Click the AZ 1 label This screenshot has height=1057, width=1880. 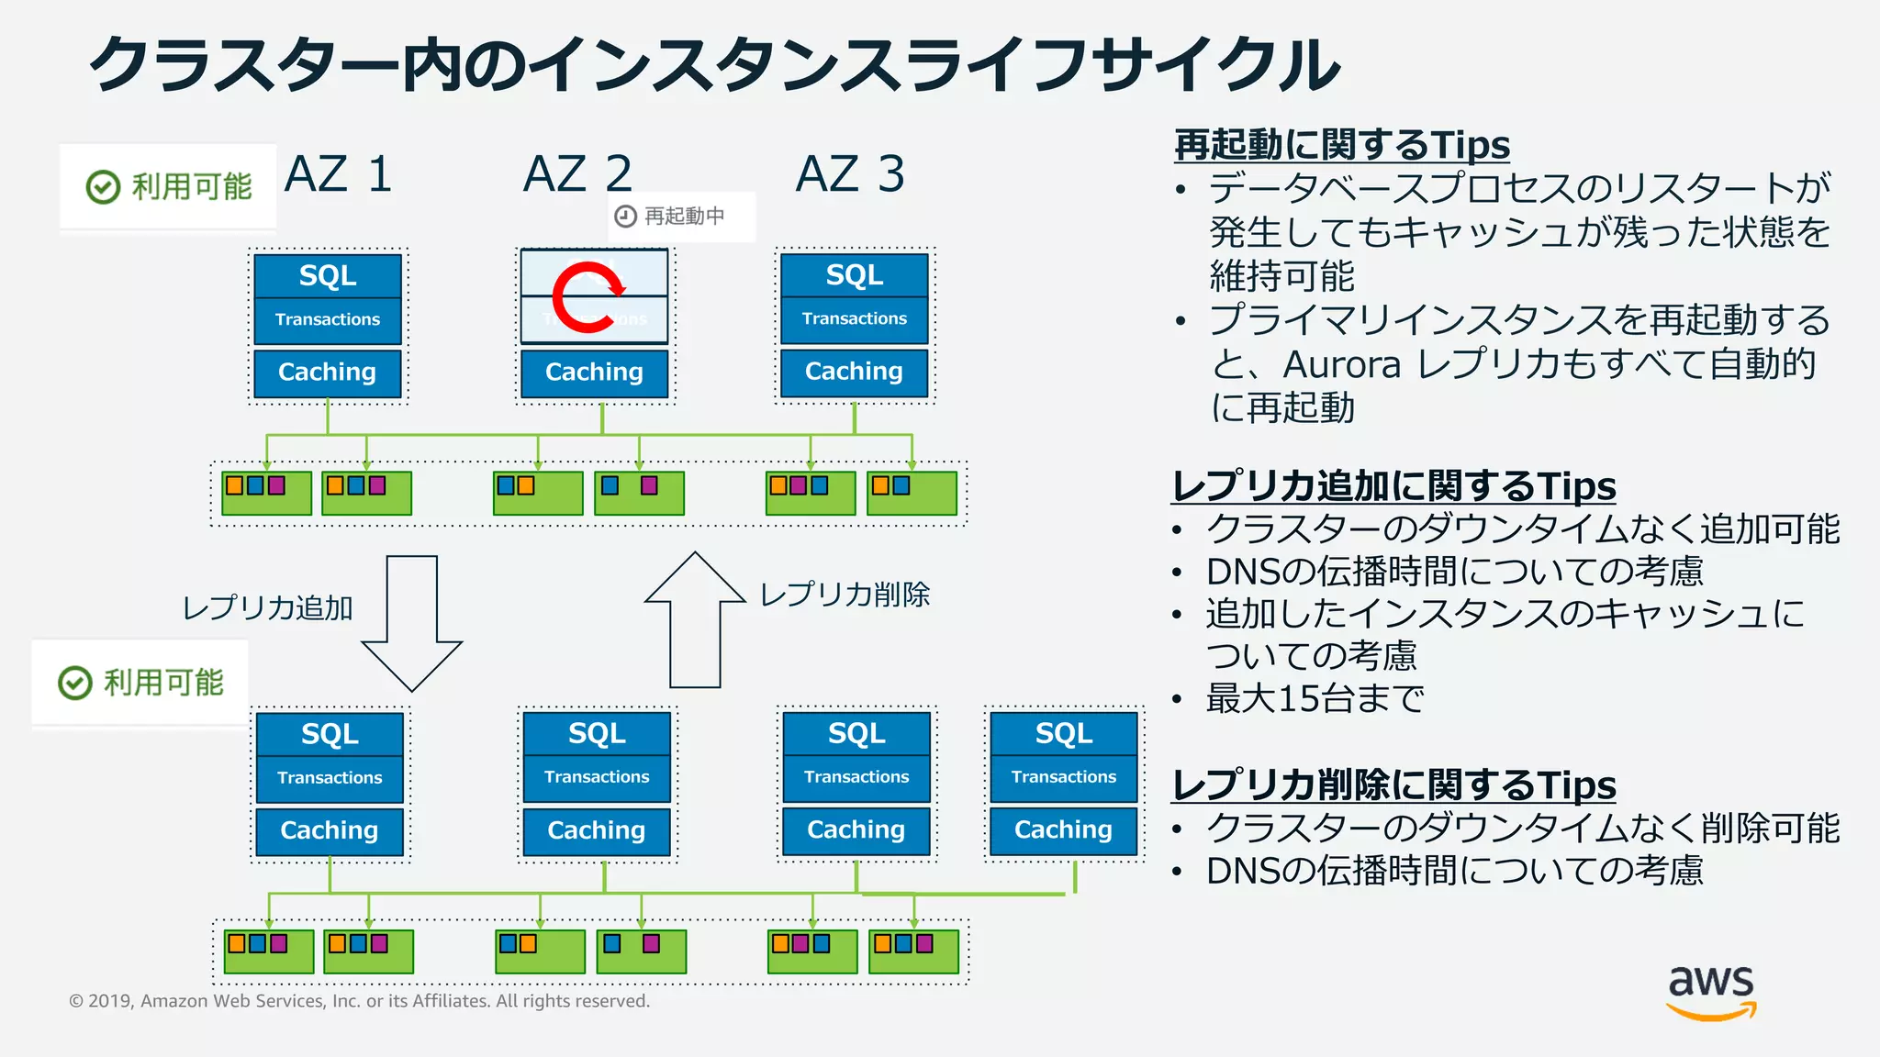pyautogui.click(x=339, y=173)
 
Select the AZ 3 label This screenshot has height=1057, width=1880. pyautogui.click(x=850, y=173)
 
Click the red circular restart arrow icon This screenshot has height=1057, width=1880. pyautogui.click(x=588, y=296)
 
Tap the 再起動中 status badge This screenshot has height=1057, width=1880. pyautogui.click(x=681, y=217)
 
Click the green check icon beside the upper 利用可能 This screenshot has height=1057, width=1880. pyautogui.click(x=103, y=186)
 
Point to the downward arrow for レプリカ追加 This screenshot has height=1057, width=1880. pyautogui.click(x=411, y=624)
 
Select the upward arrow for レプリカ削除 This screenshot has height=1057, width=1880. pyautogui.click(x=695, y=619)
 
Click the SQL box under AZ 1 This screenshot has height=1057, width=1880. pyautogui.click(x=328, y=275)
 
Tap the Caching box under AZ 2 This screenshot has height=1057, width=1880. pyautogui.click(x=594, y=373)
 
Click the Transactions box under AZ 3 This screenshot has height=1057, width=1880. pyautogui.click(x=854, y=319)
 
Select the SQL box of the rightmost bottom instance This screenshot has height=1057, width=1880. pyautogui.click(x=1063, y=733)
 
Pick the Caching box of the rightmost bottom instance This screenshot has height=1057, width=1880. pyautogui.click(x=1063, y=829)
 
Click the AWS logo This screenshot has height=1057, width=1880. pyautogui.click(x=1711, y=992)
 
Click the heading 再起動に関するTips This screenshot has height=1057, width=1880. pyautogui.click(x=1341, y=145)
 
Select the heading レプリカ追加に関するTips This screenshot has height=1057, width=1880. pyautogui.click(x=1393, y=486)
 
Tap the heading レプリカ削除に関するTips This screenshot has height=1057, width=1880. pyautogui.click(x=1393, y=785)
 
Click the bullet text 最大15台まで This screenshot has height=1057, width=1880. pyautogui.click(x=1315, y=699)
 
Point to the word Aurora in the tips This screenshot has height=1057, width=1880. pyautogui.click(x=1341, y=364)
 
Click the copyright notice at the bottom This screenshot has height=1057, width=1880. pyautogui.click(x=359, y=1001)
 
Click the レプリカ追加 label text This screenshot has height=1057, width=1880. pyautogui.click(x=267, y=607)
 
